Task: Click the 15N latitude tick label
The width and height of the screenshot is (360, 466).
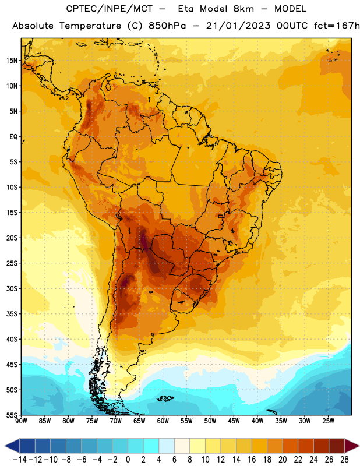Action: (x=12, y=61)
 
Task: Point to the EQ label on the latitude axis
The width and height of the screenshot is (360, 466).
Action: (x=13, y=137)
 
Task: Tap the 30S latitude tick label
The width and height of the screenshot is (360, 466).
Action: (x=12, y=288)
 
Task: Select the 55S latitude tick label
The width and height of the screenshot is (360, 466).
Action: (x=12, y=415)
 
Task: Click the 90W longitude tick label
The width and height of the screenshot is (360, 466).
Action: (x=21, y=421)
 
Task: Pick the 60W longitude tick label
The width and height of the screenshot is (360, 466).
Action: (x=163, y=421)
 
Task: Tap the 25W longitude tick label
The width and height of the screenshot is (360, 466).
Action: (x=328, y=421)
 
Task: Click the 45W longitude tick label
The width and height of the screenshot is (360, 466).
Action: (x=234, y=421)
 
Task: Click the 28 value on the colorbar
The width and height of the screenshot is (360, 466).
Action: (x=344, y=460)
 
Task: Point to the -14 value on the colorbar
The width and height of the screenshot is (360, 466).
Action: (x=20, y=460)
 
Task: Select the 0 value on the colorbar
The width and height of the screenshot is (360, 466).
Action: (x=128, y=460)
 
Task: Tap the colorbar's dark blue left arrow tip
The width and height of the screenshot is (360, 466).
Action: (x=5, y=446)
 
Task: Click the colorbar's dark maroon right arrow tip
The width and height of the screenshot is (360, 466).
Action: (x=359, y=446)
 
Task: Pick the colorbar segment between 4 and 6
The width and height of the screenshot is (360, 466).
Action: (x=167, y=446)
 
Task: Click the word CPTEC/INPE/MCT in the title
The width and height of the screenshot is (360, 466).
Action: (x=110, y=9)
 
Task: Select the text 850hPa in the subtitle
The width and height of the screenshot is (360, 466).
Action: (x=167, y=26)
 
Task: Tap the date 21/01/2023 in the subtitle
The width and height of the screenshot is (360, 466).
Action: (x=238, y=26)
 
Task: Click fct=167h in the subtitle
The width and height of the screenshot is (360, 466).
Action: (x=337, y=26)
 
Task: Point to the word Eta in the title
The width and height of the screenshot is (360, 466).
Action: (x=186, y=9)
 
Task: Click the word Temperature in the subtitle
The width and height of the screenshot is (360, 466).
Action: (x=90, y=26)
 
